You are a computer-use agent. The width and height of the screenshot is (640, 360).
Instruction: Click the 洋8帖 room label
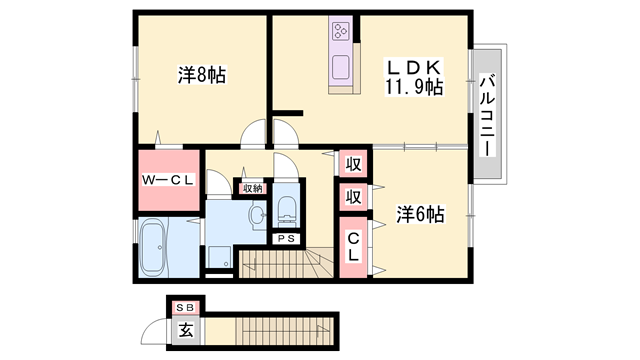(x=202, y=75)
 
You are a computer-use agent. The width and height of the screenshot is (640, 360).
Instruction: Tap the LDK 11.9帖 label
(x=414, y=77)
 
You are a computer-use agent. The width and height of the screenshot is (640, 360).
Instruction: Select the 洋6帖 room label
(x=420, y=214)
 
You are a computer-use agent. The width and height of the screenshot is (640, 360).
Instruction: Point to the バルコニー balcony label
(x=487, y=115)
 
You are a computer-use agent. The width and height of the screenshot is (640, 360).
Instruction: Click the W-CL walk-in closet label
(x=167, y=180)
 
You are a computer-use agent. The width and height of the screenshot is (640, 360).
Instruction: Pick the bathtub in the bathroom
(x=153, y=248)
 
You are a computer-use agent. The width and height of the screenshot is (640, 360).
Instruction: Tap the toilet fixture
(x=286, y=211)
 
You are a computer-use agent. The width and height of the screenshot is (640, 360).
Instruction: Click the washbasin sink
(x=258, y=214)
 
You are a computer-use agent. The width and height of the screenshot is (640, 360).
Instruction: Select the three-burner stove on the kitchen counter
(x=340, y=31)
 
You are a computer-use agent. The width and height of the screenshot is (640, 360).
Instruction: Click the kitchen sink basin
(x=340, y=67)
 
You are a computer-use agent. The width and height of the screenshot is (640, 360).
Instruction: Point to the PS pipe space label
(x=286, y=239)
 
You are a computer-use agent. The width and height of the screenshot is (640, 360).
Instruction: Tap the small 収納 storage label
(x=252, y=188)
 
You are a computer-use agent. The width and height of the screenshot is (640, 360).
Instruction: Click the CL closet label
(x=353, y=247)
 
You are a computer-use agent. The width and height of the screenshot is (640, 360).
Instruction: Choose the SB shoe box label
(x=186, y=308)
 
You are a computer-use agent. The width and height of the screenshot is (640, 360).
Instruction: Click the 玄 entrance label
(x=186, y=330)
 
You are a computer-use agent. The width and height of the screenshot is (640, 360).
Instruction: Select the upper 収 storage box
(x=353, y=164)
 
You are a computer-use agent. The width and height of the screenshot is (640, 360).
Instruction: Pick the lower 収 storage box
(x=353, y=197)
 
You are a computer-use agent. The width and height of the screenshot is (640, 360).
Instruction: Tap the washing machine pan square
(x=219, y=256)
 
